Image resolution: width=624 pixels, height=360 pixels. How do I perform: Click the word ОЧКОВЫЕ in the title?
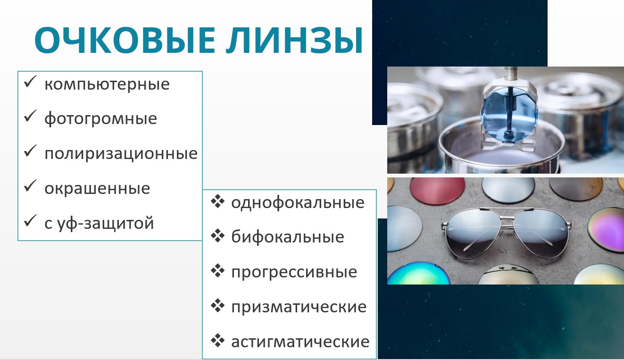(125, 40)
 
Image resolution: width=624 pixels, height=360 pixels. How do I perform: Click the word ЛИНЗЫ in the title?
(294, 40)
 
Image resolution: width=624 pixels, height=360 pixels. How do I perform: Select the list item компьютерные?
(107, 84)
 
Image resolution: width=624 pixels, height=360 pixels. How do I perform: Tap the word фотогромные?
(101, 119)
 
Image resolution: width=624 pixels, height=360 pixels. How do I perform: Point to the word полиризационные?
(121, 153)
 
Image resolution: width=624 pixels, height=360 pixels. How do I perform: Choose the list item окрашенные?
(97, 189)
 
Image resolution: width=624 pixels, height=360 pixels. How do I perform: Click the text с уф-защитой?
(99, 224)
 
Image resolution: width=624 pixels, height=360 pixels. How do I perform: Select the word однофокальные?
(298, 202)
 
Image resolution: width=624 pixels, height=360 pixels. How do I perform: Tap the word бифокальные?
(288, 237)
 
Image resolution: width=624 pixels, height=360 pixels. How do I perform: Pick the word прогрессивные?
(294, 273)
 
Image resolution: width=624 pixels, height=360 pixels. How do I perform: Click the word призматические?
(299, 307)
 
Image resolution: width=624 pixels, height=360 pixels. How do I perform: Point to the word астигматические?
(300, 342)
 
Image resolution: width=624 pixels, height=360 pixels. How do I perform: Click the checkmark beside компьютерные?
(30, 82)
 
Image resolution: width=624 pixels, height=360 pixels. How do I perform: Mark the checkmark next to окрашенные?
(30, 186)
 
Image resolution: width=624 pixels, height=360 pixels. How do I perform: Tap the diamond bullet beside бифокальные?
(217, 236)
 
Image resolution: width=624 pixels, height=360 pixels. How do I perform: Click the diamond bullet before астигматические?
(217, 340)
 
